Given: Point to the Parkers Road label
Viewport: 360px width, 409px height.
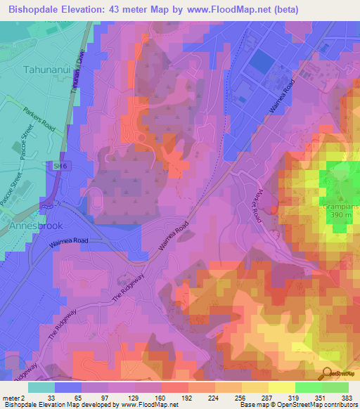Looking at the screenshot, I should pos(39,120).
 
